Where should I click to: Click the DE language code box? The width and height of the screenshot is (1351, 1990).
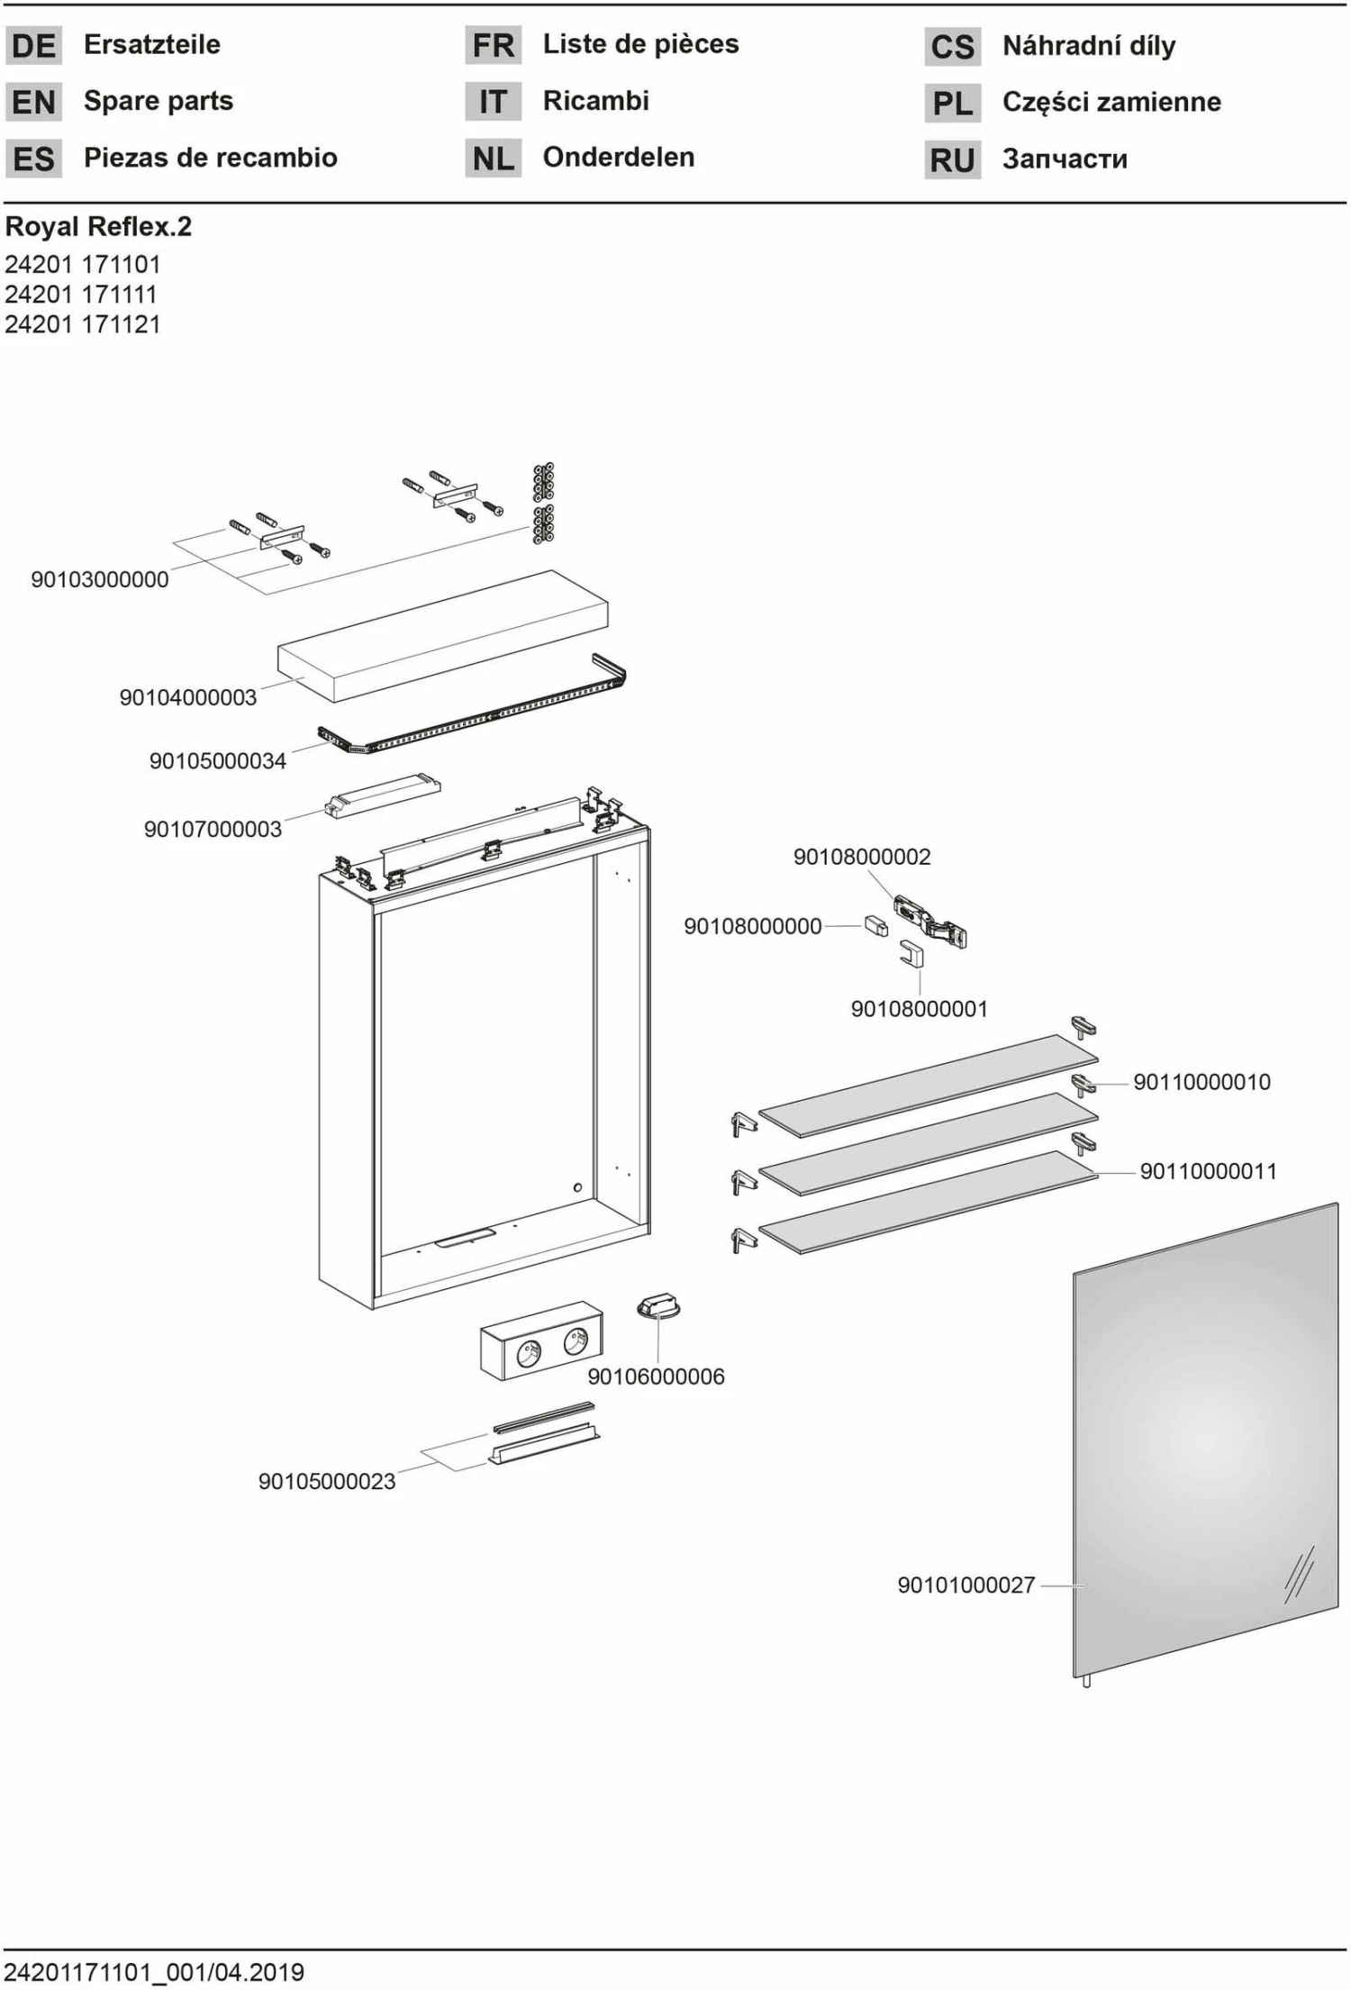(x=33, y=45)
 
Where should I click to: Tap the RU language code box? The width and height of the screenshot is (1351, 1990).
(x=952, y=159)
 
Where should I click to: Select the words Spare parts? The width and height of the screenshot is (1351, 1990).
(x=158, y=101)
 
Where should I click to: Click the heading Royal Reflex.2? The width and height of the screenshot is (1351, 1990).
(x=98, y=226)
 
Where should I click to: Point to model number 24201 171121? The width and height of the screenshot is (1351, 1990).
(x=82, y=324)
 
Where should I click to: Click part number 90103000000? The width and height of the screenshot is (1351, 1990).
(x=100, y=579)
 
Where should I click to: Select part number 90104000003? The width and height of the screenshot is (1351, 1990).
(x=187, y=696)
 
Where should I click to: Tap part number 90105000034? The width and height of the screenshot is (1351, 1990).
(x=217, y=760)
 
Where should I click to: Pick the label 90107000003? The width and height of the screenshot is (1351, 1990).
(x=213, y=829)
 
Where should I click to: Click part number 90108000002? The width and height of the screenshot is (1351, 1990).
(x=861, y=856)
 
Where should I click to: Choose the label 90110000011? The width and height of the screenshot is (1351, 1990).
(x=1208, y=1171)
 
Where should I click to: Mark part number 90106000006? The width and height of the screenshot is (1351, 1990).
(x=656, y=1376)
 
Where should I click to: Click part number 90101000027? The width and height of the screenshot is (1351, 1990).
(x=966, y=1585)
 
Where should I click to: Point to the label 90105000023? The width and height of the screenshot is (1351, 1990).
(x=326, y=1481)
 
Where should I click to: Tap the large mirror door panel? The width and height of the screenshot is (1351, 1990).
(x=1205, y=1441)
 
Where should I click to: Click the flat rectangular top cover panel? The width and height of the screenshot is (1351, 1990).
(x=443, y=634)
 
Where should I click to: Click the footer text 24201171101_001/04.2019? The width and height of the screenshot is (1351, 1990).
(x=154, y=1972)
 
